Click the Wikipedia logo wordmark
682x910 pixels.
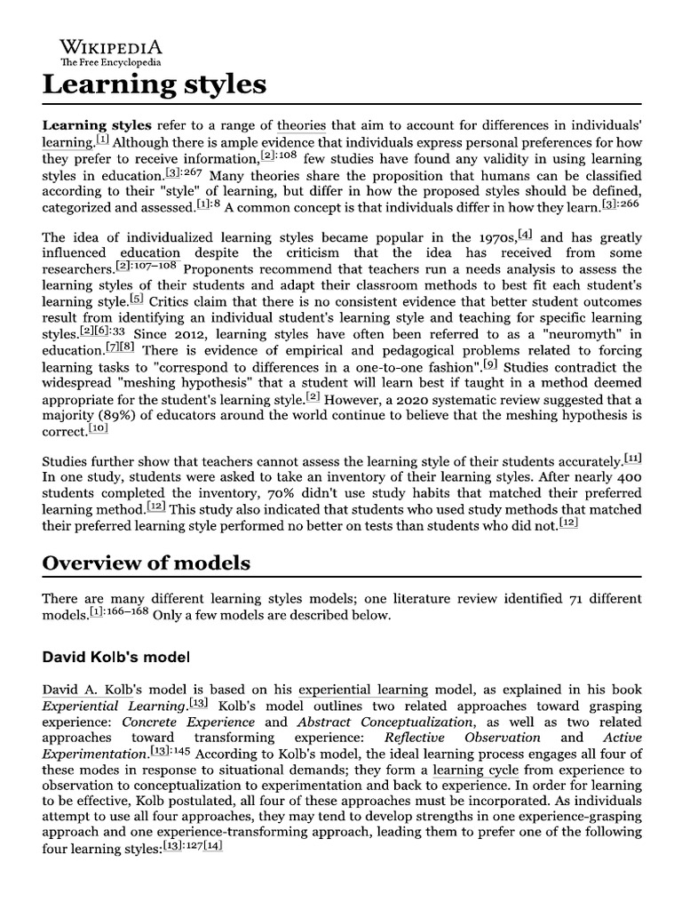(x=111, y=47)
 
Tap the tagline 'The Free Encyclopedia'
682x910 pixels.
(x=111, y=63)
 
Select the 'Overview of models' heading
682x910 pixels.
(x=147, y=563)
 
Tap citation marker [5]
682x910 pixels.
(x=136, y=299)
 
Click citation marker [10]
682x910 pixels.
(x=99, y=427)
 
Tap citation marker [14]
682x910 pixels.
(x=214, y=846)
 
